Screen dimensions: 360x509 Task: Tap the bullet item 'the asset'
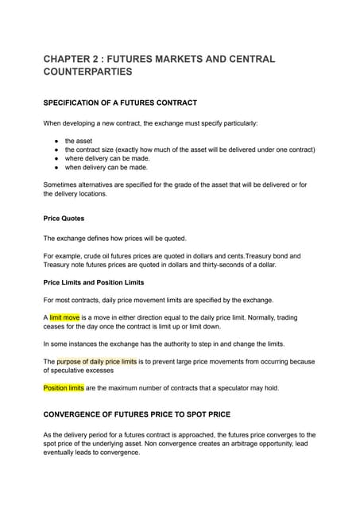click(x=79, y=140)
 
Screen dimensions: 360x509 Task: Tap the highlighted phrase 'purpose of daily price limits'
click(x=97, y=361)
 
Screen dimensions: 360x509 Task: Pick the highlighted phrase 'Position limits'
click(x=64, y=387)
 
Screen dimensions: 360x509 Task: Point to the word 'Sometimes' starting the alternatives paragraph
click(x=64, y=185)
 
